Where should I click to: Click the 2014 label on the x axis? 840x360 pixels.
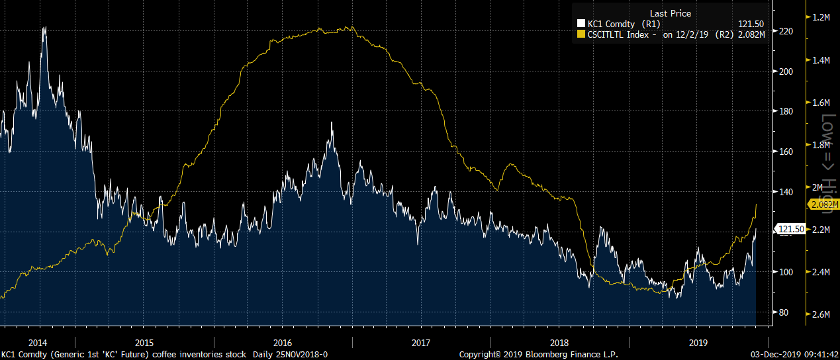[x=38, y=343]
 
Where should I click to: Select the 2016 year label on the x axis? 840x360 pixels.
[x=283, y=343]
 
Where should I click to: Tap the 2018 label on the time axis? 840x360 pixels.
[x=559, y=343]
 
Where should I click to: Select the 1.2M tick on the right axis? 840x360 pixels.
[x=821, y=17]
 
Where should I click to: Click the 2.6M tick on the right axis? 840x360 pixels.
[x=821, y=314]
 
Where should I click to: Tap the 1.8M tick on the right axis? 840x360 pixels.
[x=821, y=145]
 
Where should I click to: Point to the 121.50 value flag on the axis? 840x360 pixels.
[x=790, y=229]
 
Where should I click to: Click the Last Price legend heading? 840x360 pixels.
[x=671, y=13]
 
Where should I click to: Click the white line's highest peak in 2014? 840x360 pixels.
[x=44, y=28]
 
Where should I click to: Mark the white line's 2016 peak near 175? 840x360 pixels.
[x=332, y=123]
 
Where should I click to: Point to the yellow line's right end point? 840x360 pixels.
[x=756, y=205]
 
